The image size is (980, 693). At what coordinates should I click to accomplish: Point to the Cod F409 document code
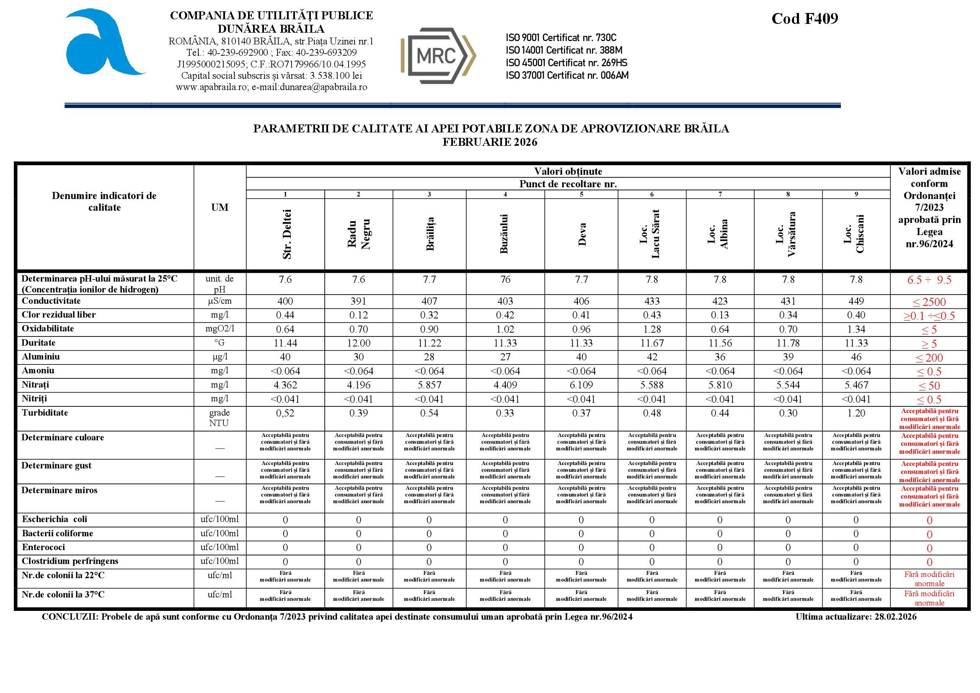pos(804,19)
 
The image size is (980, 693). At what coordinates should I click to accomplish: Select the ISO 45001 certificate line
pos(566,63)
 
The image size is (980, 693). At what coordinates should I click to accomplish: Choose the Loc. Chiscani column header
pos(856,233)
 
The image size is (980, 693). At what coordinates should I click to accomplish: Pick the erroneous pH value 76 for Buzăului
pos(505,279)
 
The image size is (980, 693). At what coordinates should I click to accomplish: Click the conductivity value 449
pos(856,301)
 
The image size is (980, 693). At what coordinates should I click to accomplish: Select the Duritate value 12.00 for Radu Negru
pos(359,343)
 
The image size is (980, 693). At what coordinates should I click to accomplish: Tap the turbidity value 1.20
pos(856,413)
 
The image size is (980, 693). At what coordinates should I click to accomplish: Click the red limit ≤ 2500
pos(929,302)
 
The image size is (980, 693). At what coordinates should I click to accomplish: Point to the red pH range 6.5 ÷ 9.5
pos(929,280)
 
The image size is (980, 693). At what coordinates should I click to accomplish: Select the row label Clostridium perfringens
pos(70,561)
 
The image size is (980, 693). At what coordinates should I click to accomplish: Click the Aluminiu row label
pos(41,357)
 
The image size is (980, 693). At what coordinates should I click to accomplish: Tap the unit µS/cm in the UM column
pos(220,301)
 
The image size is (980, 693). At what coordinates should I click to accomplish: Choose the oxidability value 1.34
pos(856,329)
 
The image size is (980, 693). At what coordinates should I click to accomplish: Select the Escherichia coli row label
pos(54,519)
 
